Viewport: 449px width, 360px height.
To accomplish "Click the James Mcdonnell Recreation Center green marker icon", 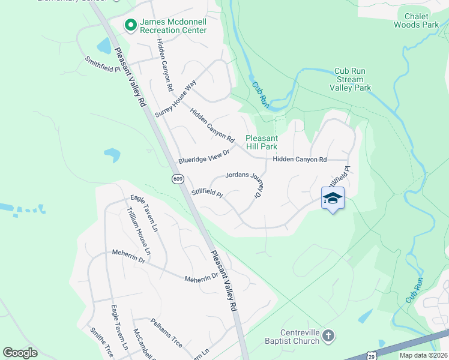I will (x=130, y=25).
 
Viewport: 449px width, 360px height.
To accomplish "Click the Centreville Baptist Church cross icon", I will (x=328, y=336).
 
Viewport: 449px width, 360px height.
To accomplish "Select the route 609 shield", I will (x=178, y=179).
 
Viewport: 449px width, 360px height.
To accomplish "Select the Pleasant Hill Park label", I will (x=261, y=142).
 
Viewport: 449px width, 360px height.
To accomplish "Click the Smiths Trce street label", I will (x=101, y=341).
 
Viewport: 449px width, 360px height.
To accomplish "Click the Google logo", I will (x=20, y=352).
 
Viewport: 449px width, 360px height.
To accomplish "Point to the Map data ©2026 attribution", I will (x=423, y=355).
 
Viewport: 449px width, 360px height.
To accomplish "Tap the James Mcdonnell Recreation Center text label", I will (x=173, y=25).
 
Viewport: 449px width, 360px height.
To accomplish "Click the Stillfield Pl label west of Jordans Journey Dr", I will (x=206, y=193).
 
